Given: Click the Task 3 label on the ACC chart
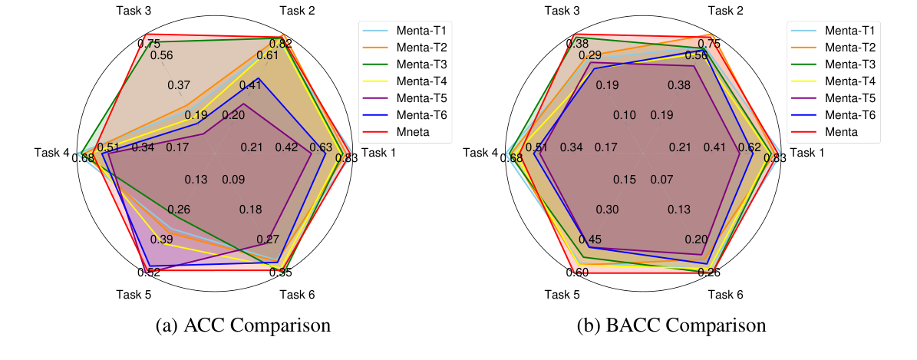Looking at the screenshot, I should click(x=134, y=12).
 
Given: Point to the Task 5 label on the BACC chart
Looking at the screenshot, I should click(x=562, y=294).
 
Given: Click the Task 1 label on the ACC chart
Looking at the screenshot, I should click(x=379, y=153).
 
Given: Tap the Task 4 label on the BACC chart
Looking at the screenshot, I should click(x=481, y=153).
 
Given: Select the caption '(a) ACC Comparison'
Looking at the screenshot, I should click(x=243, y=325).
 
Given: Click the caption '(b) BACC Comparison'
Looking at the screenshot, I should click(x=671, y=325).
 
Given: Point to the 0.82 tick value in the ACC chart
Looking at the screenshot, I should click(x=280, y=44).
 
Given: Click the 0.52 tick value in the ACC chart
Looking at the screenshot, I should click(x=149, y=272).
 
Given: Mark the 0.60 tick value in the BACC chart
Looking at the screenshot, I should click(x=578, y=272).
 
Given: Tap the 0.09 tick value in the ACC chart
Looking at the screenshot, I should click(x=233, y=180).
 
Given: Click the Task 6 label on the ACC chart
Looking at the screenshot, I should click(x=296, y=294).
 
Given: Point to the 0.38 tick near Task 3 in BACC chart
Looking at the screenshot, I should click(x=577, y=44).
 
